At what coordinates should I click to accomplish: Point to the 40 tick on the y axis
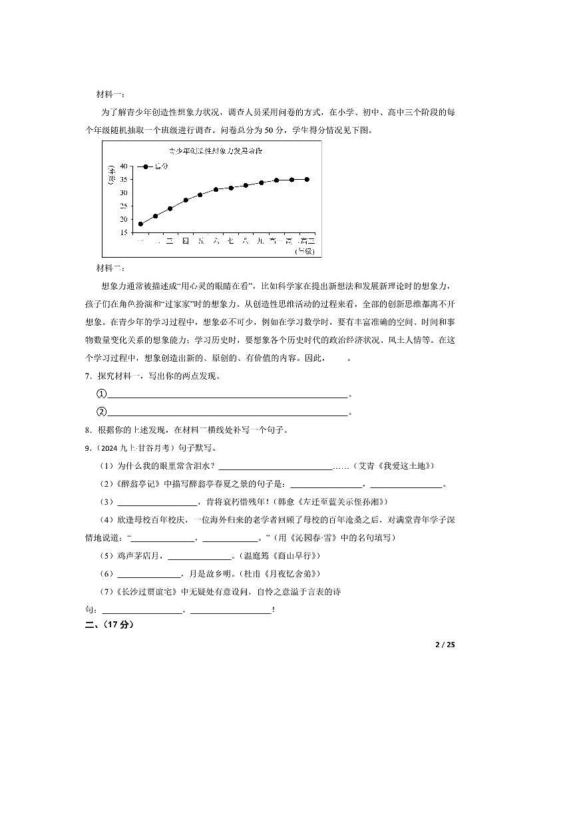124,166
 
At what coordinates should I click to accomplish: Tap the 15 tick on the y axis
124,233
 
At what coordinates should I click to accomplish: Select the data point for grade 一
140,224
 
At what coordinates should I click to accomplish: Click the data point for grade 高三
307,179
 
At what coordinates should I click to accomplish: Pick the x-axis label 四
186,241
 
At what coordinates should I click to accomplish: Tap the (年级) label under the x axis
305,251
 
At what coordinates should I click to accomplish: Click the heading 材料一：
110,94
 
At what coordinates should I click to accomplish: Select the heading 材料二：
110,268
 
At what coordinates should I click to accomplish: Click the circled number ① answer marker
102,394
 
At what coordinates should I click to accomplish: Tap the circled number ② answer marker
102,411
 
